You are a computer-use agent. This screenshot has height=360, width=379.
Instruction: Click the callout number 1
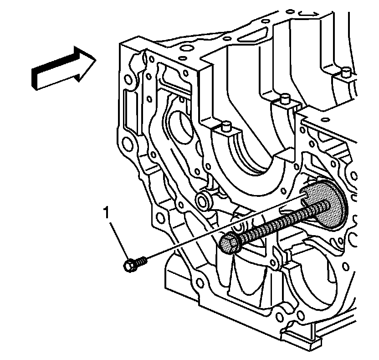pos(107,212)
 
